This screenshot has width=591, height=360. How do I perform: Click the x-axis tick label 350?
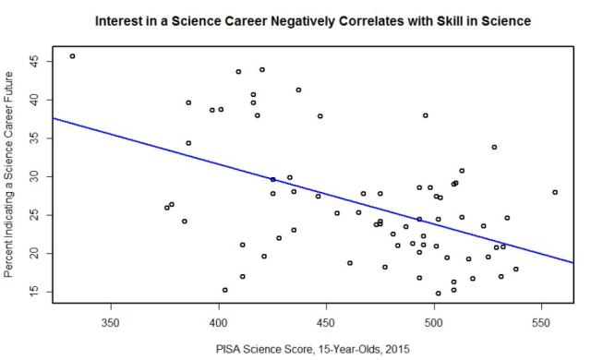click(x=111, y=324)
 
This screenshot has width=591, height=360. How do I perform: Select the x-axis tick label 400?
click(x=218, y=324)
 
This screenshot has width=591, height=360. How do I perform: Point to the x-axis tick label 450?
click(x=326, y=324)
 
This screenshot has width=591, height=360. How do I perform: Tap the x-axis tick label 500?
click(x=433, y=324)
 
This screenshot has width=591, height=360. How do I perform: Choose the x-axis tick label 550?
click(x=540, y=324)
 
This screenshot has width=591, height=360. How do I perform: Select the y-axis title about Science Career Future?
click(x=10, y=175)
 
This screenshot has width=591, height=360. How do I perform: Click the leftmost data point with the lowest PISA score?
click(x=72, y=56)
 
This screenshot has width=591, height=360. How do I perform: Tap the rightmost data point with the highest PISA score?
click(x=555, y=192)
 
